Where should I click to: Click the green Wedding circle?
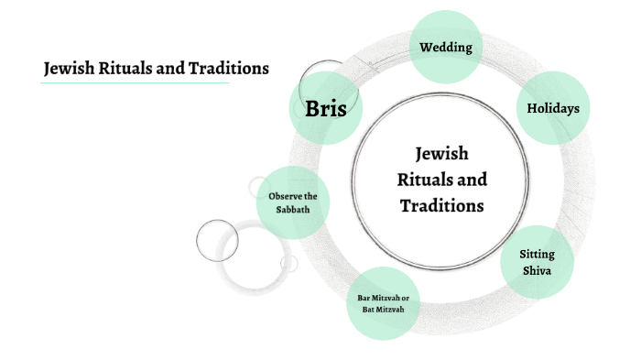446,47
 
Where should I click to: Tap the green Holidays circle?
553,108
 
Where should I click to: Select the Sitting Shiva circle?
538,261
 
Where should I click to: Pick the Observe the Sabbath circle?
293,202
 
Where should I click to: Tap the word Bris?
326,109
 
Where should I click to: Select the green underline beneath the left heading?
135,83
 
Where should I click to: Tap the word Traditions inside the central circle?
441,205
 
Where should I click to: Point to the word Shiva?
538,269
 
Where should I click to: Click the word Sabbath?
293,210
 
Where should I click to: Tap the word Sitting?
538,254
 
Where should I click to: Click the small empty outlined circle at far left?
217,240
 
